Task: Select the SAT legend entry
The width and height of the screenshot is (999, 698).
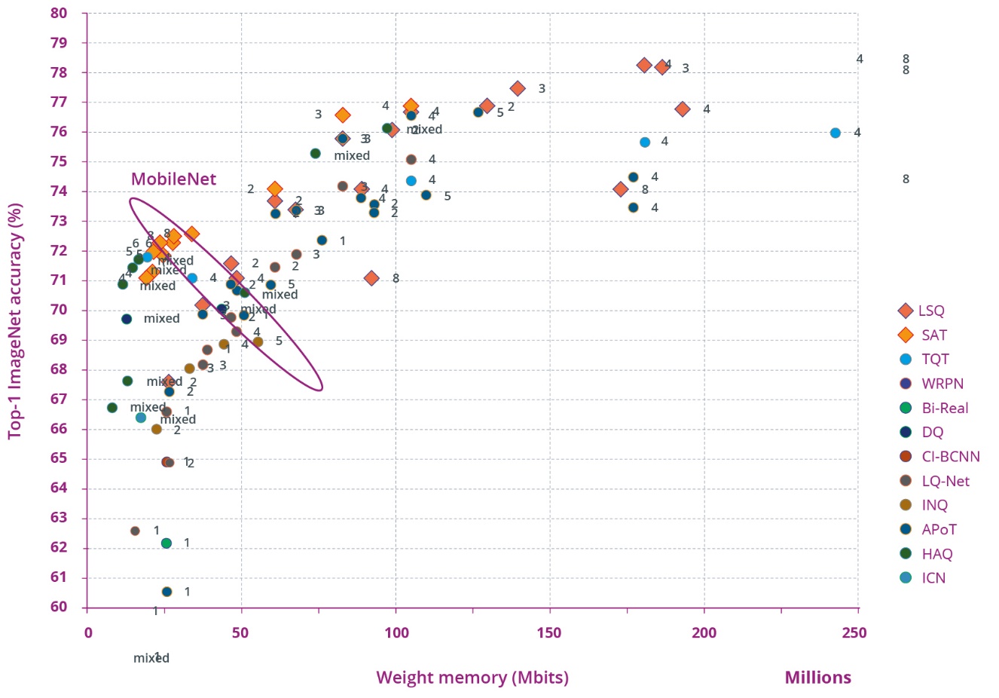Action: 933,335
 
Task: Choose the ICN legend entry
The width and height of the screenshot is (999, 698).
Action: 933,578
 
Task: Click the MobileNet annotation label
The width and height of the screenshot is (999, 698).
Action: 173,179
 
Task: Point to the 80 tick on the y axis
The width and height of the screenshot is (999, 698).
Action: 59,13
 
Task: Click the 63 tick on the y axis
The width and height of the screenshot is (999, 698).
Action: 59,518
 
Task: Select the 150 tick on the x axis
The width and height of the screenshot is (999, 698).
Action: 549,632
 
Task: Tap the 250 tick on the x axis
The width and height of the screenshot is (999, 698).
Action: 854,632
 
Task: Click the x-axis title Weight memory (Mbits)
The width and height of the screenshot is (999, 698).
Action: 472,678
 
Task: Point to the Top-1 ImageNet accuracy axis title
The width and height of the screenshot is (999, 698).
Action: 15,320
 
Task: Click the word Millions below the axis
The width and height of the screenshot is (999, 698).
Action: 817,678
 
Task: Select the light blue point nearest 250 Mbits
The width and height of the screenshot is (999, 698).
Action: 835,133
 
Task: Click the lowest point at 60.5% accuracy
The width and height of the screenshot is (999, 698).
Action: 166,592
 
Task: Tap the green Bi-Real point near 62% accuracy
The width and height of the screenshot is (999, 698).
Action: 166,543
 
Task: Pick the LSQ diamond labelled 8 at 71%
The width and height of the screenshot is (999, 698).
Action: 371,278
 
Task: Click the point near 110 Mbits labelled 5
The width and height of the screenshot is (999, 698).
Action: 426,195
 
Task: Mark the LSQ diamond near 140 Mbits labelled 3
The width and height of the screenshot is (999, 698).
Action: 518,88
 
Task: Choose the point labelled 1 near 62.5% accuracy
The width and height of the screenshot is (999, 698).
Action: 135,531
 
